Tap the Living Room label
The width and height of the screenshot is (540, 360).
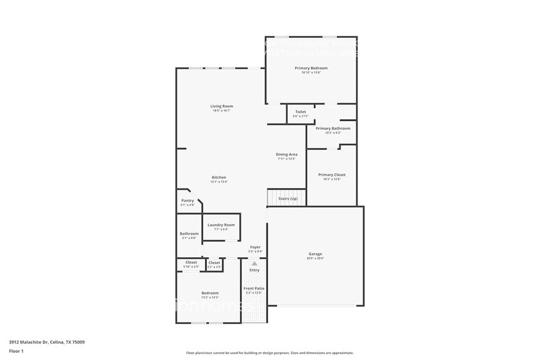click(x=222, y=106)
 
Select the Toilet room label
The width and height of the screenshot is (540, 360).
click(x=300, y=112)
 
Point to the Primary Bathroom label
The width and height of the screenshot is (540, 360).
click(x=333, y=129)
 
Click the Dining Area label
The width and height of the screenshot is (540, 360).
click(x=286, y=154)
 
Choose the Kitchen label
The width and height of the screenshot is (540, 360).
click(x=219, y=178)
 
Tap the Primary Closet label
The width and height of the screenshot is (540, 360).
click(x=332, y=174)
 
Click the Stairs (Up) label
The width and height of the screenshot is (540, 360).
click(x=288, y=198)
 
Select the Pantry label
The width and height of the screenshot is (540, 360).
click(x=187, y=200)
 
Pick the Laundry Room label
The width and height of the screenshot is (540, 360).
click(x=221, y=225)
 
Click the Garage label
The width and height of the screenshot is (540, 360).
click(x=315, y=253)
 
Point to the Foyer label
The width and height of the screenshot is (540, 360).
click(x=255, y=247)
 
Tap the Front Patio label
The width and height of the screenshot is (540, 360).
click(x=253, y=288)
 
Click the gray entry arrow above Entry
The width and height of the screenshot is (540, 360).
click(x=254, y=263)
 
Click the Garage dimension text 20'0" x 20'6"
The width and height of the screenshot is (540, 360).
click(x=315, y=258)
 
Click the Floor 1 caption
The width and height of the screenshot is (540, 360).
click(x=16, y=351)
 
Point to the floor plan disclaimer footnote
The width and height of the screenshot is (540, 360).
click(x=269, y=353)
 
